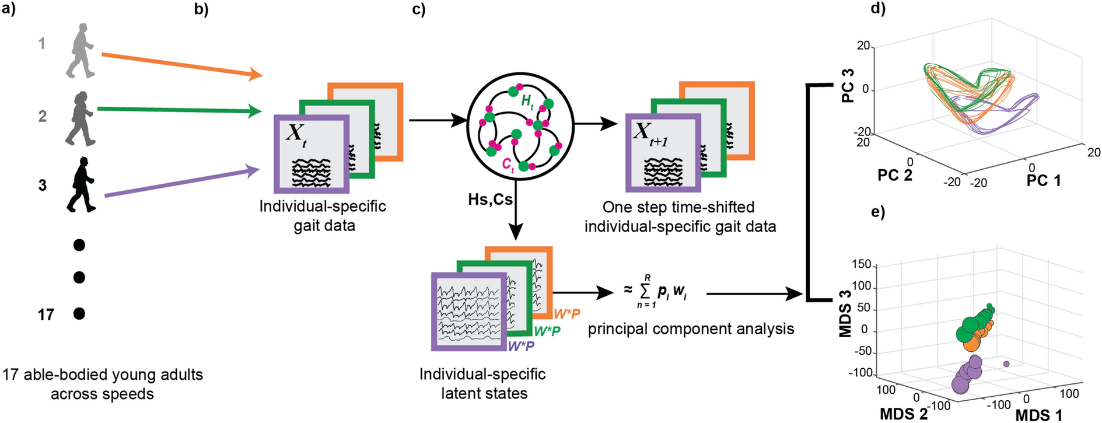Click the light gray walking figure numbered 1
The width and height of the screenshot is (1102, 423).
pyautogui.click(x=80, y=51)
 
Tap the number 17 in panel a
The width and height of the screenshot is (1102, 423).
pyautogui.click(x=46, y=315)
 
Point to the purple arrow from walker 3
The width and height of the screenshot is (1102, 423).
pyautogui.click(x=181, y=183)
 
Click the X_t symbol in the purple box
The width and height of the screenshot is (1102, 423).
pyautogui.click(x=296, y=135)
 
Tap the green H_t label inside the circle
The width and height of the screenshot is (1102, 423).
pyautogui.click(x=527, y=102)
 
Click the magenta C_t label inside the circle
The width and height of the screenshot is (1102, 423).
pyautogui.click(x=508, y=166)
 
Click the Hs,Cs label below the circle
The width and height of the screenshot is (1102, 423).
pyautogui.click(x=490, y=200)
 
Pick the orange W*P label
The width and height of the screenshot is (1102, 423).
pyautogui.click(x=566, y=314)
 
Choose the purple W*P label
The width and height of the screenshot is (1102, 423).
pyautogui.click(x=521, y=347)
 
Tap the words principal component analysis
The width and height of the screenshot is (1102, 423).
pyautogui.click(x=691, y=329)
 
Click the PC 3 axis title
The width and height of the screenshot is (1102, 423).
pyautogui.click(x=848, y=85)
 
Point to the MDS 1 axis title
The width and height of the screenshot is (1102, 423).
pyautogui.click(x=1038, y=415)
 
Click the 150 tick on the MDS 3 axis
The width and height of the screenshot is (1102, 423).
pyautogui.click(x=861, y=265)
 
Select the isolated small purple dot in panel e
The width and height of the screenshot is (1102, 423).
pyautogui.click(x=1006, y=363)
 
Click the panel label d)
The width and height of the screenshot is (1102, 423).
pyautogui.click(x=877, y=9)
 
